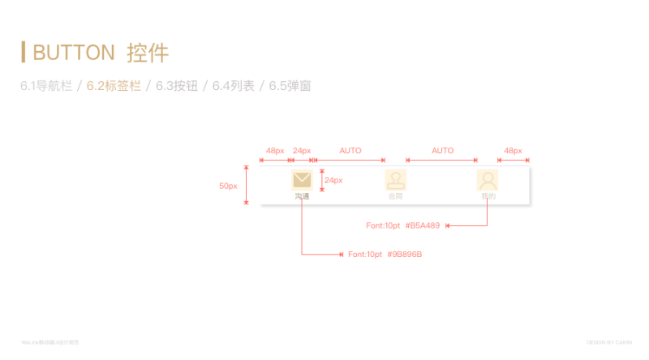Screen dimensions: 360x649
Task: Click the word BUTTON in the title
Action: [73, 53]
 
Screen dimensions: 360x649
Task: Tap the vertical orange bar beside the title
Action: [24, 52]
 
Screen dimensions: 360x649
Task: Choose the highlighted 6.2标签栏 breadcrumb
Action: [114, 85]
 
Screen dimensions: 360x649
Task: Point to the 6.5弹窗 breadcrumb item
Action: [290, 85]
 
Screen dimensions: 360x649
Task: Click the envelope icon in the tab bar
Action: [302, 180]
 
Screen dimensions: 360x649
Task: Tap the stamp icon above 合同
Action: [395, 180]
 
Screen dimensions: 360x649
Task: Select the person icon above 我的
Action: [488, 180]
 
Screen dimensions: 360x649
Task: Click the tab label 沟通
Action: [302, 196]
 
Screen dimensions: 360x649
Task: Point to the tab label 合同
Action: [395, 196]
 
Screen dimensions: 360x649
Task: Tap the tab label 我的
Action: [488, 196]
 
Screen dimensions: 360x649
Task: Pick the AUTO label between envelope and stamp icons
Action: [350, 151]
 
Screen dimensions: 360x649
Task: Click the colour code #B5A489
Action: [422, 225]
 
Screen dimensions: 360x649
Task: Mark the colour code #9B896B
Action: [404, 255]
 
